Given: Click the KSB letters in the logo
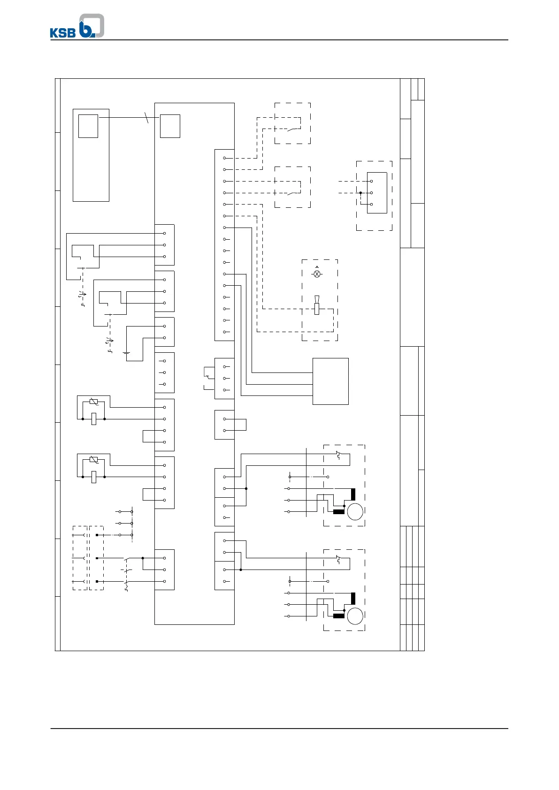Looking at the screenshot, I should click(63, 33).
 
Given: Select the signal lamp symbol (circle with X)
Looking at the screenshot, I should click(317, 274).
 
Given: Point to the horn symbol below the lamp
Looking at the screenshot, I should click(317, 306).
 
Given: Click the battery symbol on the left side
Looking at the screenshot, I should click(126, 353).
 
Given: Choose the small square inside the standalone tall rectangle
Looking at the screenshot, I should click(88, 126).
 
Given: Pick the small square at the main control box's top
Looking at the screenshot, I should click(170, 126).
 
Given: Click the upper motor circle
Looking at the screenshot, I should click(355, 511).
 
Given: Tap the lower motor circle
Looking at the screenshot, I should click(355, 616).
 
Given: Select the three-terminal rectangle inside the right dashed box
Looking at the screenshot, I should click(377, 193).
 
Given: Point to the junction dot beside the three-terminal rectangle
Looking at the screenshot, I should click(360, 193).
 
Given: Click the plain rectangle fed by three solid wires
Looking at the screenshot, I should click(330, 381).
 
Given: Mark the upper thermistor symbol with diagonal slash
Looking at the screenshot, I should click(94, 402).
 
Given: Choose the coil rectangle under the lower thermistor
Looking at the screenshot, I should click(94, 477).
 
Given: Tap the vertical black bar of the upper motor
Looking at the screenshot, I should click(353, 494).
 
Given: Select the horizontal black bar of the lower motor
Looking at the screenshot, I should click(338, 616).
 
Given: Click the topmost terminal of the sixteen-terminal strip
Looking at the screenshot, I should click(225, 158).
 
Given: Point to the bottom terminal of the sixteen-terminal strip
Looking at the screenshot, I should click(225, 332).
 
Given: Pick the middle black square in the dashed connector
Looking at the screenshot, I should click(97, 558).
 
